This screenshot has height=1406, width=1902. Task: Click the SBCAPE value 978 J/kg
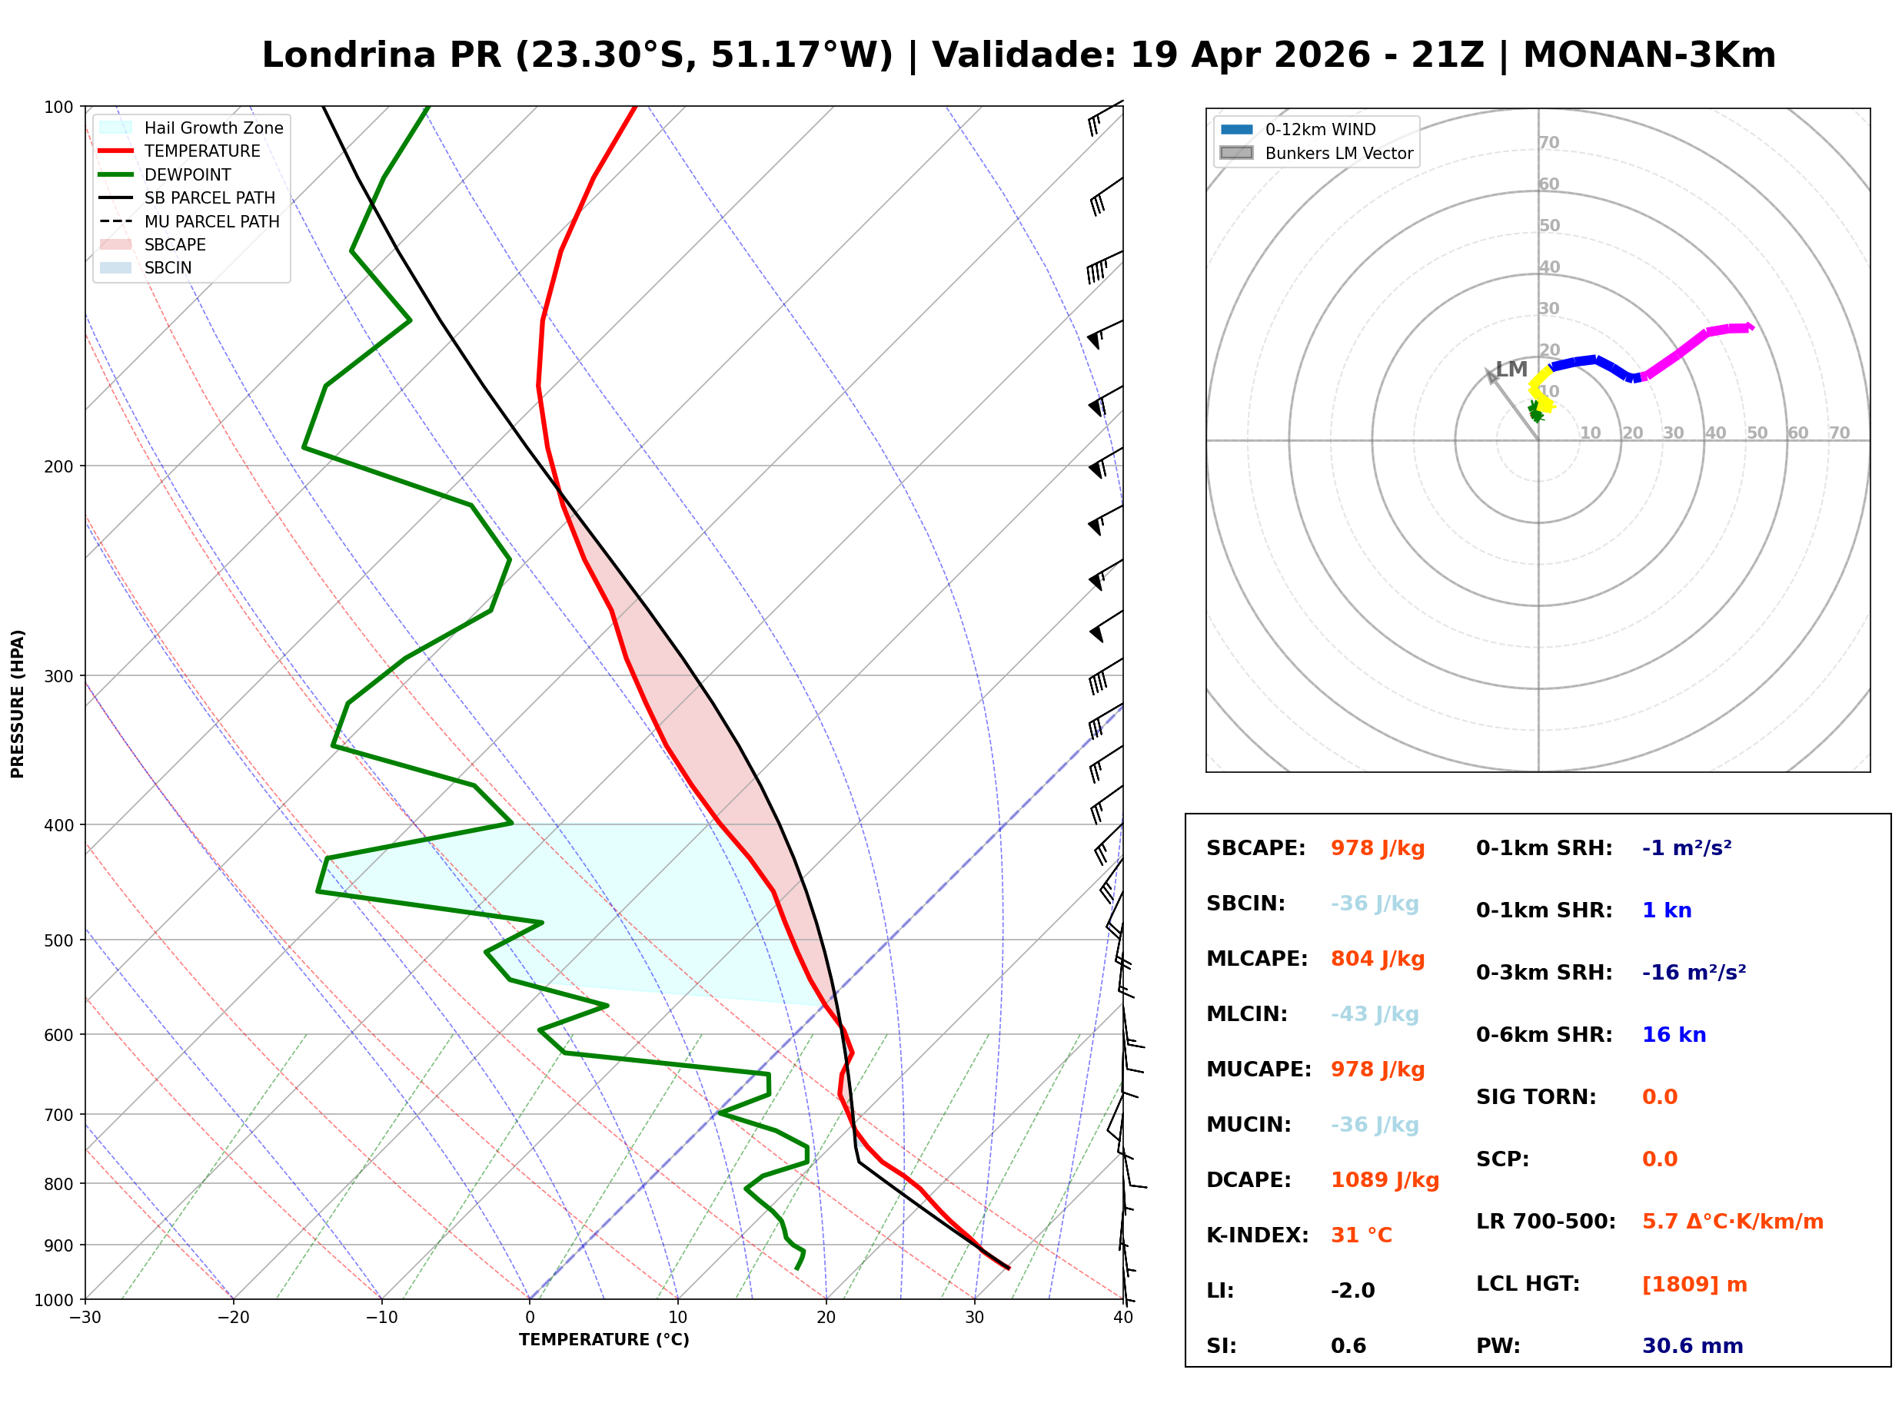coord(1377,848)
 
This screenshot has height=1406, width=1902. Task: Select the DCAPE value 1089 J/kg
coord(1385,1180)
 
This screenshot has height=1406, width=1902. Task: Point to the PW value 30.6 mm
coord(1691,1346)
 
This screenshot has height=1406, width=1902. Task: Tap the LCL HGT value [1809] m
coord(1694,1285)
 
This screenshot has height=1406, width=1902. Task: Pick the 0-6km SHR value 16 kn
coord(1673,1035)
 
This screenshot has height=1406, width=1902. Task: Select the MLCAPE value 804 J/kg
coord(1377,959)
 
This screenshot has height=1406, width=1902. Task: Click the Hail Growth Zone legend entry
coord(213,128)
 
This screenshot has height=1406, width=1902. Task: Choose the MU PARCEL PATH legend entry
coord(211,221)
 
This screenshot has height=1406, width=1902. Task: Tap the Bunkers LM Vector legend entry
coord(1338,153)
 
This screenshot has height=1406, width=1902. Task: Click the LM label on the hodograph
coord(1511,370)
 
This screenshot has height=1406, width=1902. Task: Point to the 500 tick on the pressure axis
coord(58,940)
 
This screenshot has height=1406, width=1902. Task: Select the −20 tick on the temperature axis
coord(232,1318)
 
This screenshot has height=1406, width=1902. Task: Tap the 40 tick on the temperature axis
coord(1122,1318)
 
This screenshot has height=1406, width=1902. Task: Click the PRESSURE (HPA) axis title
coord(18,704)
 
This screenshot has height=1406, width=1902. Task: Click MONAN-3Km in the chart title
coord(1648,55)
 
